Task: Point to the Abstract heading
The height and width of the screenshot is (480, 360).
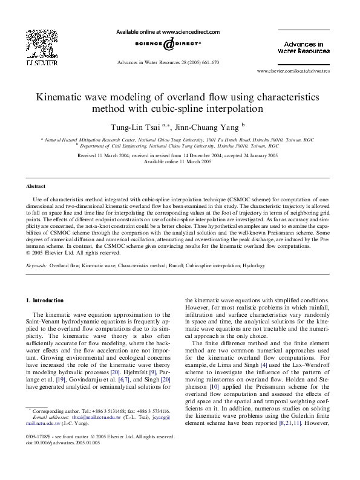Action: (36, 186)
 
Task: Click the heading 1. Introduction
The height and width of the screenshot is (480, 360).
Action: (45, 300)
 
